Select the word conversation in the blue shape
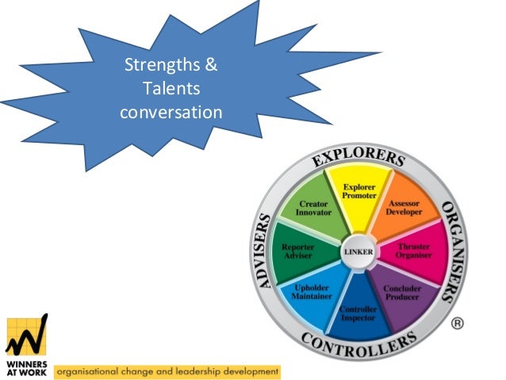click(171, 112)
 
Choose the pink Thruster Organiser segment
click(414, 251)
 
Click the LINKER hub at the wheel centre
click(358, 252)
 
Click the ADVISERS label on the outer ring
click(266, 251)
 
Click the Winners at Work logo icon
click(26, 333)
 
